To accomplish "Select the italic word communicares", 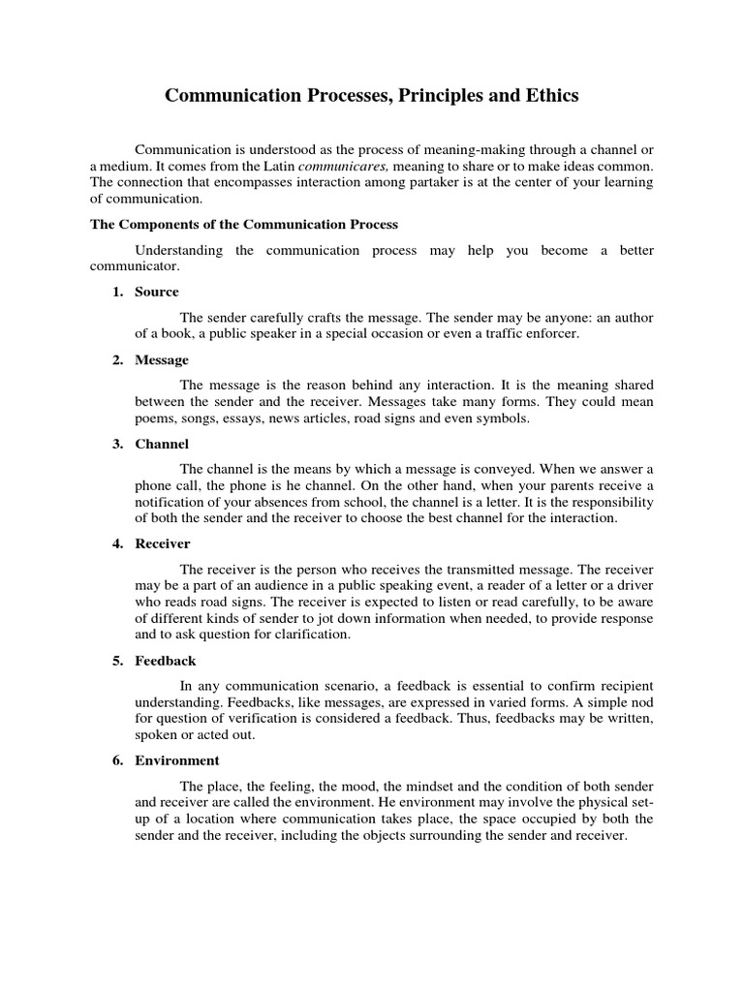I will click(x=337, y=166).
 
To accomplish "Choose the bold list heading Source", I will click(x=157, y=292).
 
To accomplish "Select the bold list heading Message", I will click(x=162, y=360).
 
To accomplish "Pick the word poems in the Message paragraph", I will click(x=152, y=418).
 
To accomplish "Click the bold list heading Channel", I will click(x=162, y=445).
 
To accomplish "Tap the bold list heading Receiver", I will click(x=163, y=543).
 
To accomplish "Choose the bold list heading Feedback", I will click(x=166, y=661).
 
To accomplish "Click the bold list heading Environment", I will click(x=177, y=760).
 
